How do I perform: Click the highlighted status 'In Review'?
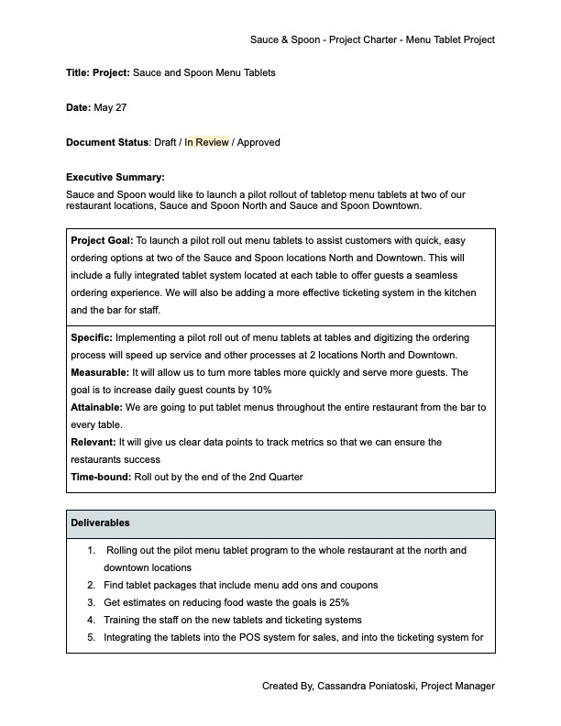pos(206,142)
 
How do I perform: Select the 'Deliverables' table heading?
pos(100,523)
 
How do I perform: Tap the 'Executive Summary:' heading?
pos(115,177)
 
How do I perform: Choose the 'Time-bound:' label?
pos(102,478)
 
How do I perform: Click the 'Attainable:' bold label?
pos(98,406)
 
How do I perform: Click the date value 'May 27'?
pos(110,107)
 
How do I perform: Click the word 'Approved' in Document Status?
pos(258,142)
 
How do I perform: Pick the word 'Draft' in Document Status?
pos(165,142)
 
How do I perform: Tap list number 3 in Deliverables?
pos(92,602)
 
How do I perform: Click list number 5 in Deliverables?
pos(92,637)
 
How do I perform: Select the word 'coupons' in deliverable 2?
pos(357,585)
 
